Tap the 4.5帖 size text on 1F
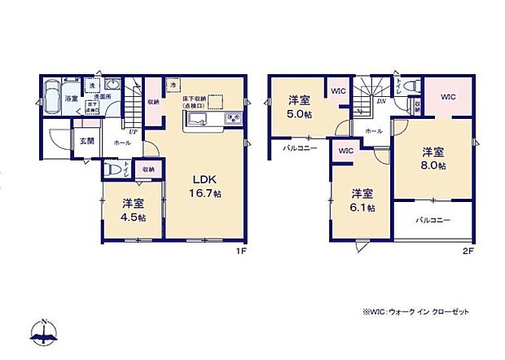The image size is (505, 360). pyautogui.click(x=134, y=217)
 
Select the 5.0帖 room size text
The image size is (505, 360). pyautogui.click(x=299, y=114)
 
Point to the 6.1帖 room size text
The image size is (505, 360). pyautogui.click(x=363, y=208)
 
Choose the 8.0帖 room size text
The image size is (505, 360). pyautogui.click(x=433, y=165)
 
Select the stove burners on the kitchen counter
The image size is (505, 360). pyautogui.click(x=231, y=121)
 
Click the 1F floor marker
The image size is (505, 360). pyautogui.click(x=241, y=250)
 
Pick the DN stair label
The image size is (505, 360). pyautogui.click(x=380, y=102)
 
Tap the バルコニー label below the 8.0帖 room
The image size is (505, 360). pyautogui.click(x=428, y=220)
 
